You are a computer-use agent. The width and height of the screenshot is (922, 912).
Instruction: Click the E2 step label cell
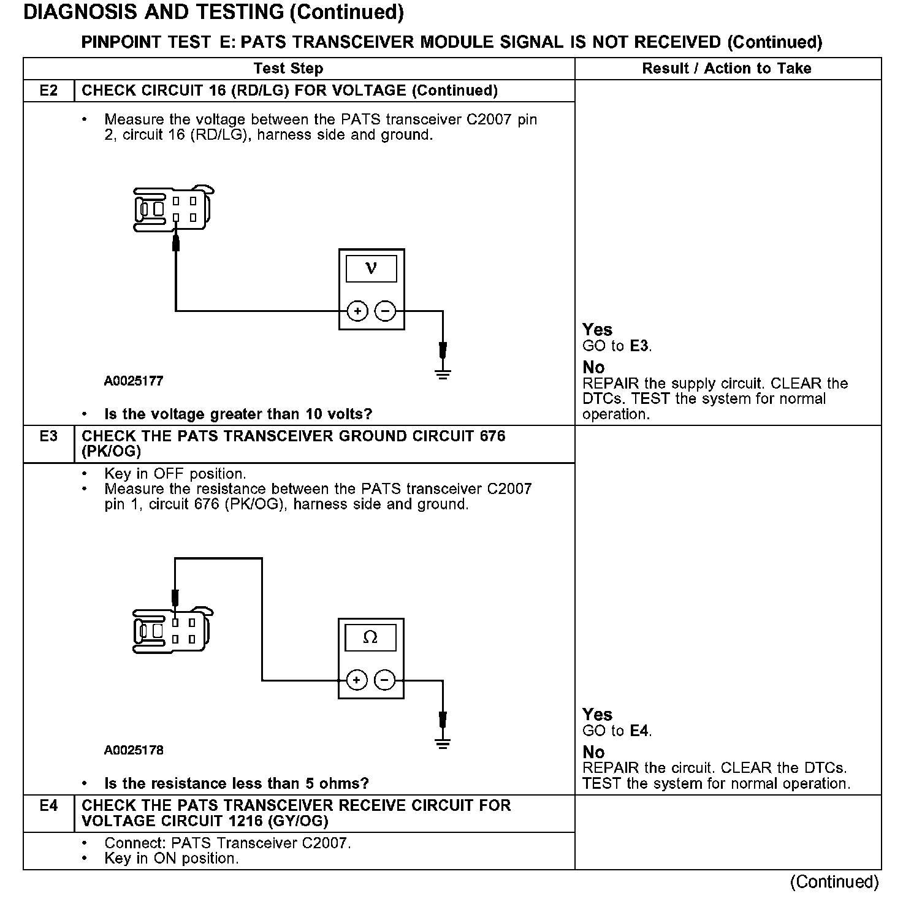coord(48,91)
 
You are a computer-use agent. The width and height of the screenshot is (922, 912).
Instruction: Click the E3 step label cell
coord(48,436)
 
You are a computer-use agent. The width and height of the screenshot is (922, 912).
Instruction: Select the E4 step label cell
coord(48,805)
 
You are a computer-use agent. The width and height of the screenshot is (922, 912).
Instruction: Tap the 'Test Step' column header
coord(288,69)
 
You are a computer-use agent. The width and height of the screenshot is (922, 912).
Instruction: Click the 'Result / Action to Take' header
coord(726,69)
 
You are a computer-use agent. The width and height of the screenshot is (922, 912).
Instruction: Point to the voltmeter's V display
coord(371,268)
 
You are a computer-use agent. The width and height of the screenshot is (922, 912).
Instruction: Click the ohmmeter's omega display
coord(370,638)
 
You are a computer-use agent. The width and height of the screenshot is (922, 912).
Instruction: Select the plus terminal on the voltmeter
coord(357,311)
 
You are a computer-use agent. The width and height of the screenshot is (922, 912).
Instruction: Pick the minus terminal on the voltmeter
coord(385,311)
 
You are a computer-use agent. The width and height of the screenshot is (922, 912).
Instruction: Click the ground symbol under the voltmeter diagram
coord(443,373)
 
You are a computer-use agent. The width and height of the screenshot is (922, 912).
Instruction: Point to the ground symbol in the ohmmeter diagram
coord(443,743)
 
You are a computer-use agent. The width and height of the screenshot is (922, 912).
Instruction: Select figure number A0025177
coord(134,381)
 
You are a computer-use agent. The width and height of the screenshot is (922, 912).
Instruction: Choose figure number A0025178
coord(134,750)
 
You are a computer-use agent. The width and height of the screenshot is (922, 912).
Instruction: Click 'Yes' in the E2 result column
coord(597,330)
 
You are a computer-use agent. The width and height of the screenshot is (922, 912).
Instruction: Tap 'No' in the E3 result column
coord(593,752)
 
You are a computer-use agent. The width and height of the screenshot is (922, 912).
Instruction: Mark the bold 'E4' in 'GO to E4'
coord(639,731)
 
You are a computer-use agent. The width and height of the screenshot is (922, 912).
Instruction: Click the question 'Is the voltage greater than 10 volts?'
coord(238,414)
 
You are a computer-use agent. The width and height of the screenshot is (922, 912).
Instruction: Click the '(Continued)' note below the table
coord(834,882)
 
